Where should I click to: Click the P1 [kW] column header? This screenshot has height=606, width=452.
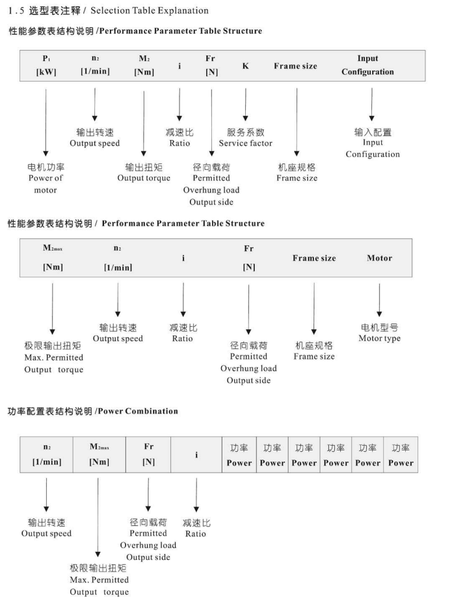coord(46,65)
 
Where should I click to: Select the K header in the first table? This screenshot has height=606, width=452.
coord(245,66)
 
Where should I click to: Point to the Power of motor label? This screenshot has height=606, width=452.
coord(46,178)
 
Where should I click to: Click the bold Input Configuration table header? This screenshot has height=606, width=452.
coord(367,65)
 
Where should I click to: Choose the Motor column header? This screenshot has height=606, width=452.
coord(379,258)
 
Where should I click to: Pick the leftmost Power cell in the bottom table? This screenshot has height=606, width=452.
coord(239,455)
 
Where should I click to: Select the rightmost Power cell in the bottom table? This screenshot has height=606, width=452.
coord(401,455)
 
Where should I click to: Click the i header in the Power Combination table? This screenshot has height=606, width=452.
coord(196,455)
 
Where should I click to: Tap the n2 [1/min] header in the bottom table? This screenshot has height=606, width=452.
coord(46,455)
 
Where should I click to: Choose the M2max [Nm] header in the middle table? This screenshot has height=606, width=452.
coord(53,258)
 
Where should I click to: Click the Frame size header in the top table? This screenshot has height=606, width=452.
coord(295,66)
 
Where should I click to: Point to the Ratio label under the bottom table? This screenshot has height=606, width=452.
coord(196,528)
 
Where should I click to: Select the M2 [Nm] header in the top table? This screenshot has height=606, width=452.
coord(144,65)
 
